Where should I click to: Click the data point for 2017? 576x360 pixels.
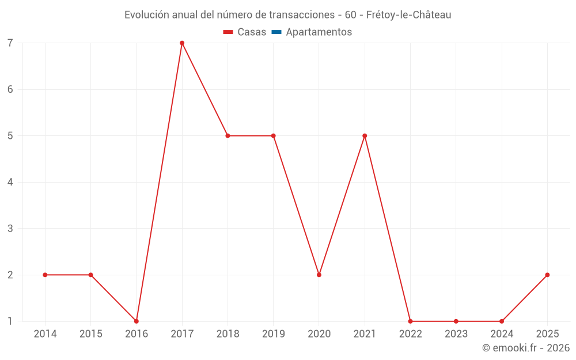pos(182,43)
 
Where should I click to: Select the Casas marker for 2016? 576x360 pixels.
pos(137,321)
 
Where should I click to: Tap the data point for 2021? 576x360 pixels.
pos(365,136)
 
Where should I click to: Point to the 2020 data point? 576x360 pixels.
pos(319,275)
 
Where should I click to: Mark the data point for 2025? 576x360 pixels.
pos(547,275)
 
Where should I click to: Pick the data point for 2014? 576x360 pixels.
pos(45,275)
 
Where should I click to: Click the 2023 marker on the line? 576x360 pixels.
pos(456,321)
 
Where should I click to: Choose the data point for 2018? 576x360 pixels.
pos(228,136)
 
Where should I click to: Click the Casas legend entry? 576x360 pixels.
pos(245,32)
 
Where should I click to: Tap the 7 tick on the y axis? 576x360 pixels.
pos(10,43)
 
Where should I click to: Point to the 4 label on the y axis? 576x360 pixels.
pos(10,182)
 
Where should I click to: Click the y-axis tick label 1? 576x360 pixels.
pos(10,321)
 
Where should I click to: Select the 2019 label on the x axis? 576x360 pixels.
pos(273,334)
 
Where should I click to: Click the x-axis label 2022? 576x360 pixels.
pos(410,334)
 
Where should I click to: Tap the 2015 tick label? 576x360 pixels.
pos(90,334)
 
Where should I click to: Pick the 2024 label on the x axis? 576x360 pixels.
pos(502,334)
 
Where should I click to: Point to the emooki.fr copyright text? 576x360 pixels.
pos(526,348)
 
